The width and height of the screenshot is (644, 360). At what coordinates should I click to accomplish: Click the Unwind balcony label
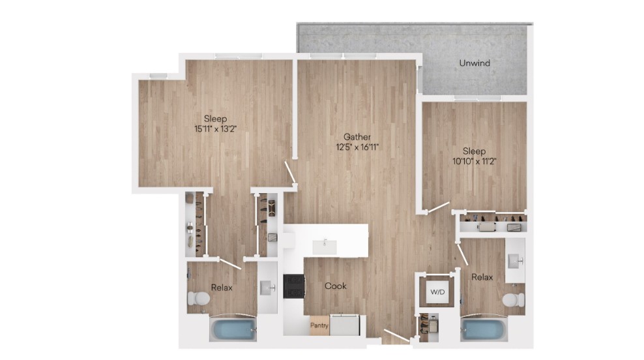point(475,63)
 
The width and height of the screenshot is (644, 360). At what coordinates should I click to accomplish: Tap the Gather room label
point(357,137)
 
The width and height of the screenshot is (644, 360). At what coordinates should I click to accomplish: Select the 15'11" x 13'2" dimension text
point(216,129)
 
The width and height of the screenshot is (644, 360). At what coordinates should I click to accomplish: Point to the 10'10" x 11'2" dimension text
point(475,162)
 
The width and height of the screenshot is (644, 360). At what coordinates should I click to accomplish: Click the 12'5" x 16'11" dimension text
point(357,147)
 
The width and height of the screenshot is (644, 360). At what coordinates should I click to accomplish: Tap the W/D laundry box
point(437,292)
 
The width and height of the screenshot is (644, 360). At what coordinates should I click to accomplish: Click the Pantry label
point(319,325)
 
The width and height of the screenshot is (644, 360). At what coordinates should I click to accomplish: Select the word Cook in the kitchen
point(336,286)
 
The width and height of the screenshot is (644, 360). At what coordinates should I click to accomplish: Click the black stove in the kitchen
point(294,286)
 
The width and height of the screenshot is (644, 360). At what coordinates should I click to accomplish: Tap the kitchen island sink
point(325,247)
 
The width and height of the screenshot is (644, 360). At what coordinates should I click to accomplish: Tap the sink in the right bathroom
point(515,261)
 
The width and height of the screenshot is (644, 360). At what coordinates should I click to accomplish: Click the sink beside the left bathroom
point(268,288)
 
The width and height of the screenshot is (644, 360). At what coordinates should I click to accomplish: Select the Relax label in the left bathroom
point(222,288)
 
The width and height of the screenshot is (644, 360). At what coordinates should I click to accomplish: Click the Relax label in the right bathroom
point(482,277)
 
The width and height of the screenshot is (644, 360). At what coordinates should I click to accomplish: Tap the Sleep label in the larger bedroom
point(216,119)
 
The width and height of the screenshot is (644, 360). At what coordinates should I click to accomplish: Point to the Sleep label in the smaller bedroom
point(475,151)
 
